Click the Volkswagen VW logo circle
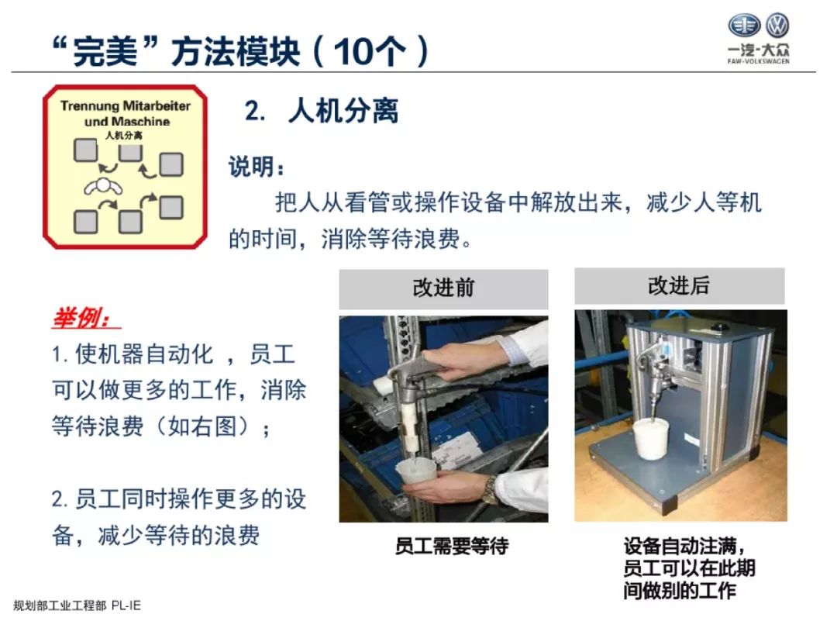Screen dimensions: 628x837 [x=777, y=26]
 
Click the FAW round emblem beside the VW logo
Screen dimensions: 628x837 [x=744, y=26]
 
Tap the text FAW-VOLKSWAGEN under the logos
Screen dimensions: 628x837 [x=759, y=61]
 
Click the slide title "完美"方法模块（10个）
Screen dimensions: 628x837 [x=236, y=50]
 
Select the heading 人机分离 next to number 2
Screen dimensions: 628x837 [x=343, y=112]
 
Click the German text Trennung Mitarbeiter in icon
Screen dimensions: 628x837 [x=125, y=105]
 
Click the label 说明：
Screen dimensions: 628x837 [x=257, y=167]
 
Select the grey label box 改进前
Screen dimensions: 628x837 [x=443, y=288]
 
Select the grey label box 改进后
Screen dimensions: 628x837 [x=679, y=286]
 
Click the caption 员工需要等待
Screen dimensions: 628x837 [x=451, y=547]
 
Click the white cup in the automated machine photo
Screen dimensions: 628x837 [x=652, y=440]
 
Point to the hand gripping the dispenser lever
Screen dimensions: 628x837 [x=457, y=361]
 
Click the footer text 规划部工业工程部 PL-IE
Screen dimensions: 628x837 [x=77, y=606]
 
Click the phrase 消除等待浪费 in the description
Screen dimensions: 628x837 [x=396, y=238]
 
